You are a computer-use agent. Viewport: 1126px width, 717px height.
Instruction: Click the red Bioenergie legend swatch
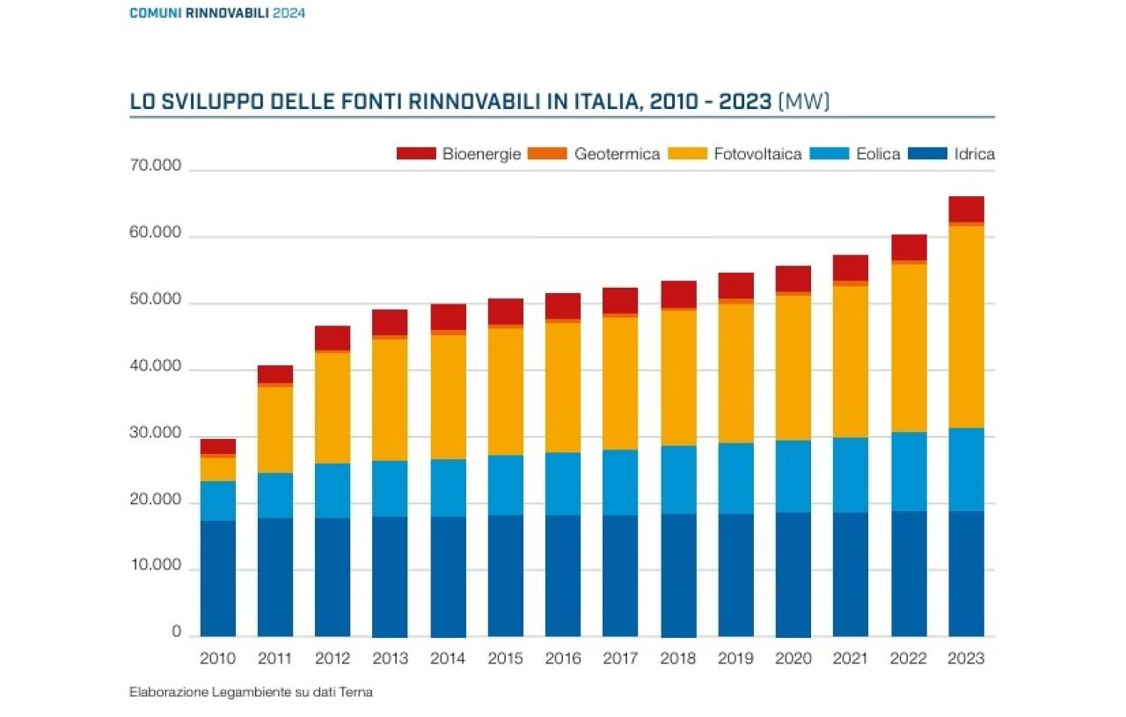(416, 154)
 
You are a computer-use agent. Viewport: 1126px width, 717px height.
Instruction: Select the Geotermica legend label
(617, 154)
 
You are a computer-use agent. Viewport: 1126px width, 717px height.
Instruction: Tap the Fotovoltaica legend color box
(687, 154)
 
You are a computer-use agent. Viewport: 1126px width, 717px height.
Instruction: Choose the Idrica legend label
(975, 154)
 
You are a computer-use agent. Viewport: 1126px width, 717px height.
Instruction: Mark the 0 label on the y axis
(176, 632)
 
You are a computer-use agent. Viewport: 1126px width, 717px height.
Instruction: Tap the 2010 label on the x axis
(217, 659)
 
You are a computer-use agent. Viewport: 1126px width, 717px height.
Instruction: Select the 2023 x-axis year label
(966, 659)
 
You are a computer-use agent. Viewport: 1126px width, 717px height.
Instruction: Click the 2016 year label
(563, 659)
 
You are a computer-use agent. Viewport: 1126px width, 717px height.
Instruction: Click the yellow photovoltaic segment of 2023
(966, 327)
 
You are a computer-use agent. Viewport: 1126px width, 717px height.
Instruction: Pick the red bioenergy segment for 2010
(217, 446)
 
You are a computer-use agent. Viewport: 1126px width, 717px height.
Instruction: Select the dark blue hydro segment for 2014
(448, 576)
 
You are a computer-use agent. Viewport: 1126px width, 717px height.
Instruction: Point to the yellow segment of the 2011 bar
(275, 429)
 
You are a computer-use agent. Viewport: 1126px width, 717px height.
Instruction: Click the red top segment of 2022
(909, 247)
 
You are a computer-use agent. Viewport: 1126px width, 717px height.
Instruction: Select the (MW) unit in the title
(804, 102)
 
